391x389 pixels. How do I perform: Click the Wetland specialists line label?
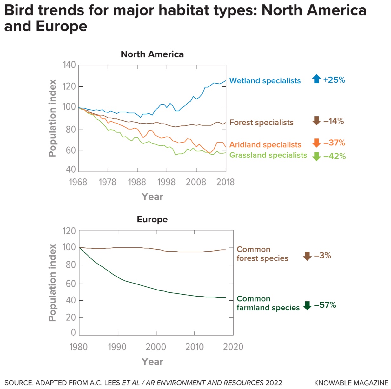coord(265,81)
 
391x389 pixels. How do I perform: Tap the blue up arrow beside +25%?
coord(316,79)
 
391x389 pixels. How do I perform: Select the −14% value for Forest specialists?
coord(334,121)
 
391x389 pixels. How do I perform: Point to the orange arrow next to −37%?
coord(316,143)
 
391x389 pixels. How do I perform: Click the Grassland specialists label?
coord(268,155)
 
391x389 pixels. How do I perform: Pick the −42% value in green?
coord(335,156)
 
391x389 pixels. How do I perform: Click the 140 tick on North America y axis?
coord(69,65)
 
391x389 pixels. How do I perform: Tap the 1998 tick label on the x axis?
coord(166,182)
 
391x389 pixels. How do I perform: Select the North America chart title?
coord(152,54)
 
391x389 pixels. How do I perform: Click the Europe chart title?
coord(152,219)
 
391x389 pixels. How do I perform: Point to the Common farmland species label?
coord(268,303)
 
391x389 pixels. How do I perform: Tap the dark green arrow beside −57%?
coord(307,305)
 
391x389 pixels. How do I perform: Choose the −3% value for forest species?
coord(322,256)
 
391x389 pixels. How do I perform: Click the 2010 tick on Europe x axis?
coord(194,347)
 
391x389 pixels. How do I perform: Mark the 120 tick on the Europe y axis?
coord(69,231)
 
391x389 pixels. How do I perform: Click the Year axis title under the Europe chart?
coord(152,362)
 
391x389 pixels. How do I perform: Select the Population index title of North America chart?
coord(52,118)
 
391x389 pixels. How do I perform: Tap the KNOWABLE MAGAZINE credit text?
coord(351,383)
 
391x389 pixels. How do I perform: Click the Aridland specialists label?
coord(265,145)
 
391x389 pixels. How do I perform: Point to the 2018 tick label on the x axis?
coord(225,182)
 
